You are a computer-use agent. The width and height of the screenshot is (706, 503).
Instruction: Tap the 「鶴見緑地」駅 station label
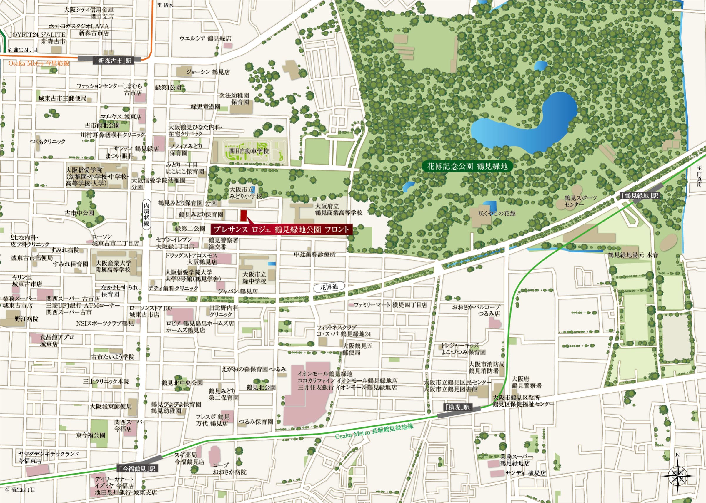click(640, 196)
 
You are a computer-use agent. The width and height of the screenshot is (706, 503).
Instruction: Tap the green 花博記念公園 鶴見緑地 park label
click(467, 166)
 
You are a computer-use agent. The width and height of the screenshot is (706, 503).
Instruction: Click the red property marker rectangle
click(244, 216)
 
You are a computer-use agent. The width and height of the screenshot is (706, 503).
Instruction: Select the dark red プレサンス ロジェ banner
click(282, 229)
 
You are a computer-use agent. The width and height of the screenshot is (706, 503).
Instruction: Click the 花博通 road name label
click(329, 287)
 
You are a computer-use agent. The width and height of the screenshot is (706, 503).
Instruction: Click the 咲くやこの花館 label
click(497, 213)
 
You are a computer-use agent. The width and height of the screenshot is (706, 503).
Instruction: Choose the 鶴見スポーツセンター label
click(580, 201)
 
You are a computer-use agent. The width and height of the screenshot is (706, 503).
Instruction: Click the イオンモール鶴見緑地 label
click(324, 374)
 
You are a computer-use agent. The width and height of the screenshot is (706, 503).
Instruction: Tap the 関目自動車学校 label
click(249, 151)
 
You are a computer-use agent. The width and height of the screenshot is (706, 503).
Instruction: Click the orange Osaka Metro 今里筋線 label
click(39, 63)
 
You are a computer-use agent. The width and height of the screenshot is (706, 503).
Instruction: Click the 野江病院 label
click(27, 319)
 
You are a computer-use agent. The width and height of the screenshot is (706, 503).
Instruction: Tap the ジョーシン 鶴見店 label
click(208, 72)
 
